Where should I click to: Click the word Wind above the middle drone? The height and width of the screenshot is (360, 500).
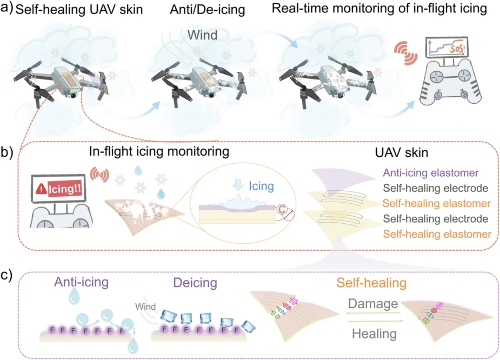point(202,35)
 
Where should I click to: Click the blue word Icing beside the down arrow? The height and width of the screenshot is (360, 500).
point(261,186)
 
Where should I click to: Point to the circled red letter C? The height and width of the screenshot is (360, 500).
point(282,209)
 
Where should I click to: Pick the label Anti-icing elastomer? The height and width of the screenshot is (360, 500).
point(430,173)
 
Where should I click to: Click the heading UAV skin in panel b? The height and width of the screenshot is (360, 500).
point(402,153)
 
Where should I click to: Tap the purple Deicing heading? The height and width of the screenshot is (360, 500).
point(195,283)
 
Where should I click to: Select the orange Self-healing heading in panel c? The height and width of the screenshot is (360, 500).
point(371,283)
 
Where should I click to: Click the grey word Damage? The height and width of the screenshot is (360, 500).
point(373,304)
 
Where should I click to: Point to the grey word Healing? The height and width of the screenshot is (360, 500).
point(375,334)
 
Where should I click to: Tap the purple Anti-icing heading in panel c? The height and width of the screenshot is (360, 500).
point(81,282)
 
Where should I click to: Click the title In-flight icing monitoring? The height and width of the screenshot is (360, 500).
point(159,151)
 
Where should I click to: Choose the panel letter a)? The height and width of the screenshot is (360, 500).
point(6,8)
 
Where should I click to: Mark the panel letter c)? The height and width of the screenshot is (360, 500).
point(6,275)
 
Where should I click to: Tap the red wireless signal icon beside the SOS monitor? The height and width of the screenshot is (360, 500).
point(405,53)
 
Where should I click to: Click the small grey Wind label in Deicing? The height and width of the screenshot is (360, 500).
point(145,306)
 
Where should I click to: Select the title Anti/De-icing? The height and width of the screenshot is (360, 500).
point(207,9)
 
